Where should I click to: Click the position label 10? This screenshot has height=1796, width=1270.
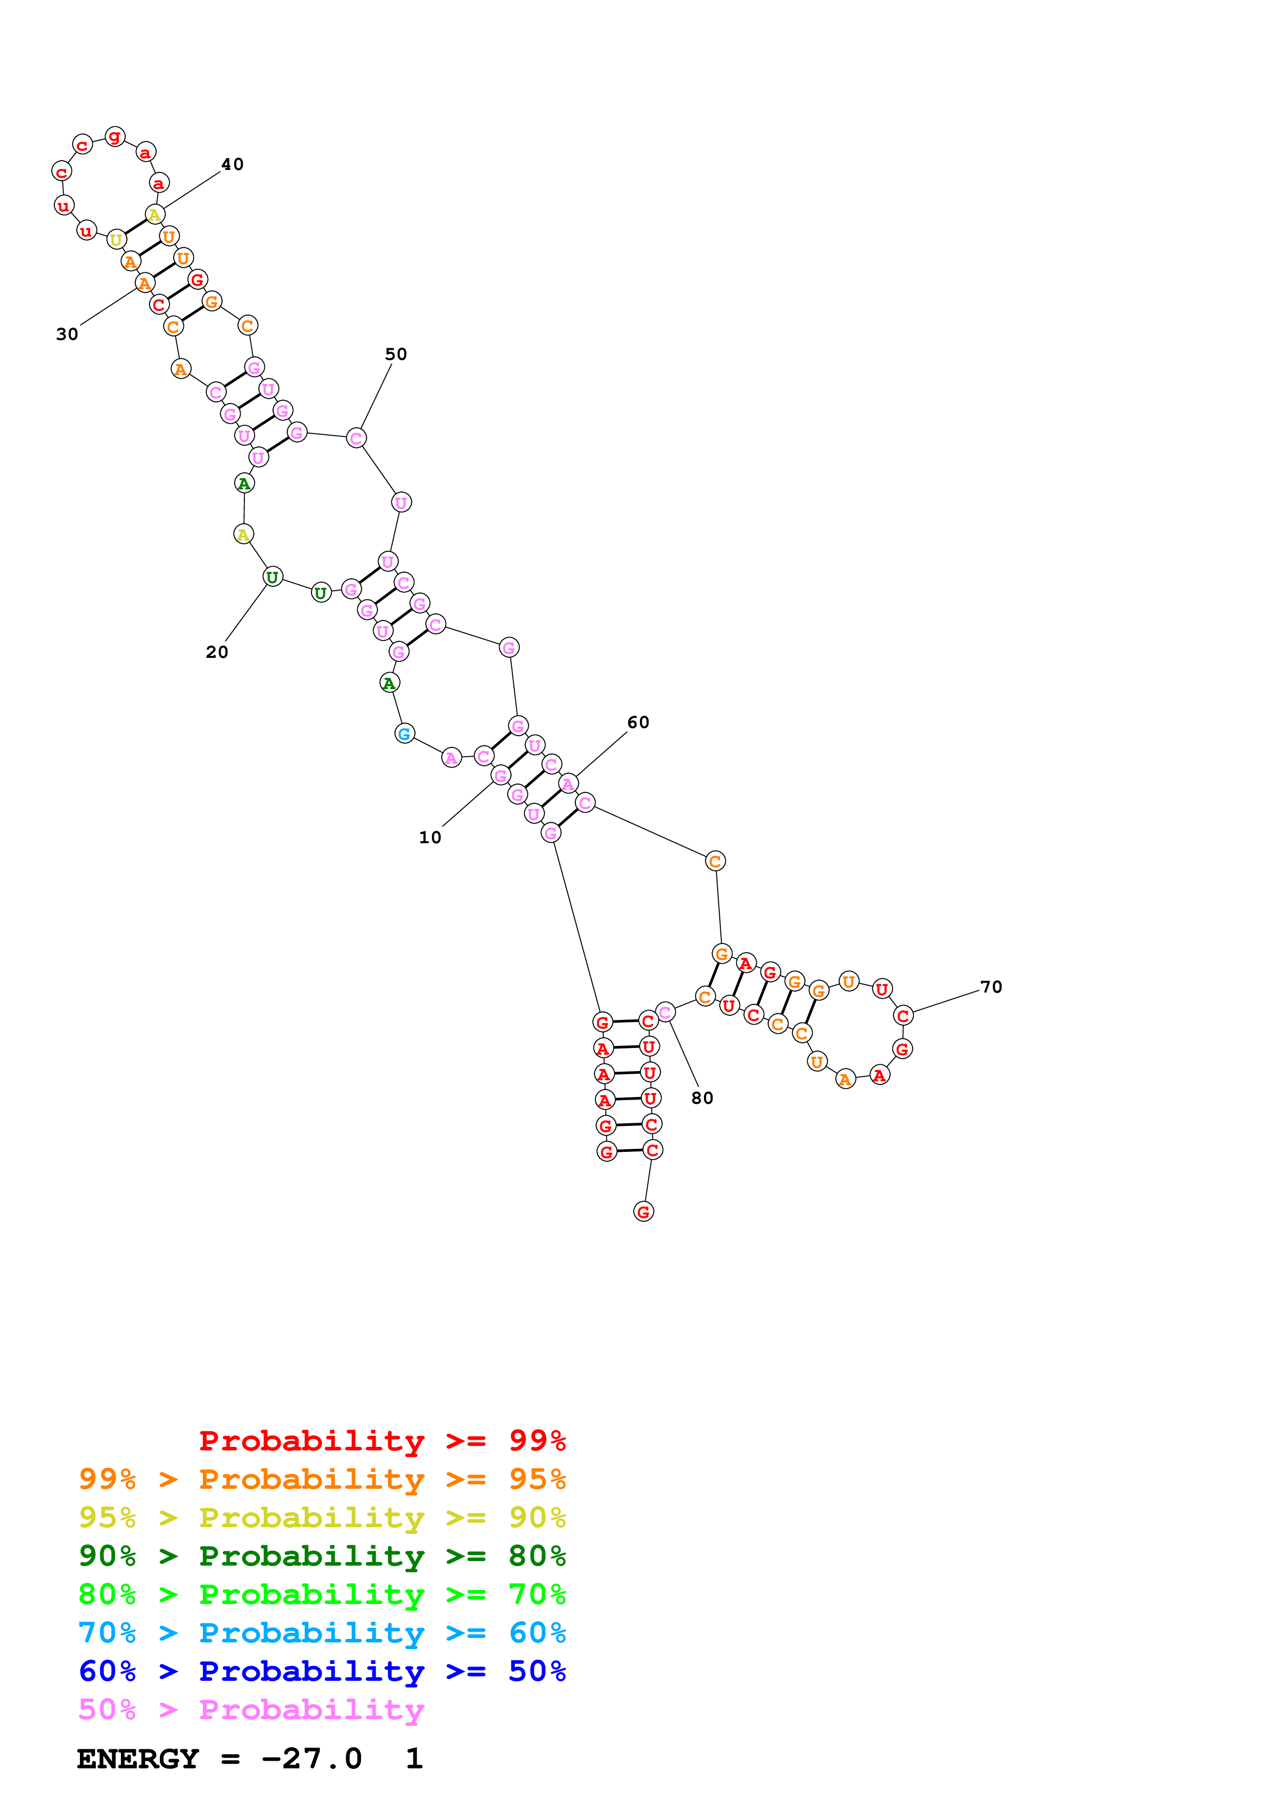click(x=430, y=837)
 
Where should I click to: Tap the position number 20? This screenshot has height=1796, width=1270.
click(x=217, y=652)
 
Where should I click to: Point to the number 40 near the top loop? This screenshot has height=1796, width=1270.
click(x=233, y=164)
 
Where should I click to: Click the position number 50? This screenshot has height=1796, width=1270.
click(x=396, y=354)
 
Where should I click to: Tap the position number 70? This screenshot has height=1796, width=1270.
click(x=991, y=987)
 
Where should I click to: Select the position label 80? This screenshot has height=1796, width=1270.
click(x=703, y=1098)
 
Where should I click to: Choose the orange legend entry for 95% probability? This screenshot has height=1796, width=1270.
click(x=322, y=1479)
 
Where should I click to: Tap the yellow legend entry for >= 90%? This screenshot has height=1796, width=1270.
click(x=322, y=1517)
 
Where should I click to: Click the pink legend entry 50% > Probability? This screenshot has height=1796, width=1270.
click(x=251, y=1709)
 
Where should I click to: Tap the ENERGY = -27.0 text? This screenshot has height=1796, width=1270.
click(x=219, y=1759)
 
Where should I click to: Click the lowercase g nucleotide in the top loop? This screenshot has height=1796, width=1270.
click(x=115, y=137)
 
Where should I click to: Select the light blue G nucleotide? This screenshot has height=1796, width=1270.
click(x=404, y=733)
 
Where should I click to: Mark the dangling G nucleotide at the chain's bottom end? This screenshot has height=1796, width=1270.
click(x=643, y=1212)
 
